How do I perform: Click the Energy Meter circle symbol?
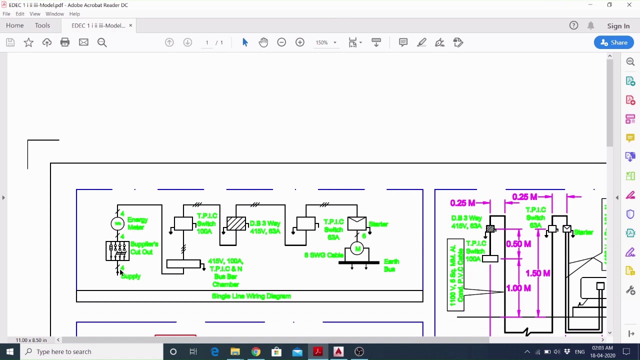coord(118,223)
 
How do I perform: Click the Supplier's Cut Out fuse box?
coord(117,250)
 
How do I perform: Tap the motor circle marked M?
coord(357,248)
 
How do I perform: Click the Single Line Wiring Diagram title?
coord(251,296)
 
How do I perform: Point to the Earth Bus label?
coord(391,265)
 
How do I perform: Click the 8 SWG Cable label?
coord(323,255)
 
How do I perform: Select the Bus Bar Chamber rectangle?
coord(183,264)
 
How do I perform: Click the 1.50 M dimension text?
coord(537,273)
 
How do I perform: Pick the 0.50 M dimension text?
coord(518,244)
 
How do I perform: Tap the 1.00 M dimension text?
coord(518,288)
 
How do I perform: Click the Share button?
coord(614,42)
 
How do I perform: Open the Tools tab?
coord(42,25)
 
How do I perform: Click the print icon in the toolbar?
coord(65,42)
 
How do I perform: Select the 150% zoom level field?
coord(322,42)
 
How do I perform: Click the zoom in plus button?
coord(300,42)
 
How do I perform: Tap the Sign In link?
coord(618,26)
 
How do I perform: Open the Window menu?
coord(54,14)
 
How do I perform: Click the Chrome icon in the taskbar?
coord(255,351)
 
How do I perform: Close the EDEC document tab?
coord(130,25)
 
